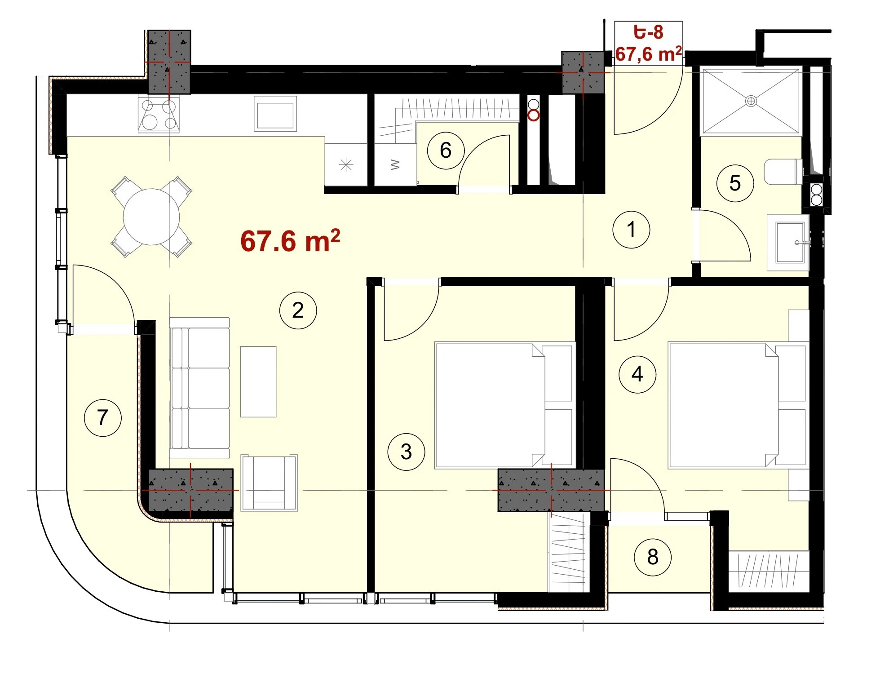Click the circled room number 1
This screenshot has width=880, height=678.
631,230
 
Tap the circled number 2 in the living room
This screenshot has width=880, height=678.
298,310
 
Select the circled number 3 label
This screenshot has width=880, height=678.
406,452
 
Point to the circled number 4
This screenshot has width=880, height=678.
637,374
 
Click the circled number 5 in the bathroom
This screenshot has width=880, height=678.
735,183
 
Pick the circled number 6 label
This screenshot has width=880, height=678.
446,150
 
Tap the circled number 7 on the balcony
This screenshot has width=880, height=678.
102,417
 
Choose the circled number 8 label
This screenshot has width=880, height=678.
653,557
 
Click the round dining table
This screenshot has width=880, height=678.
151,217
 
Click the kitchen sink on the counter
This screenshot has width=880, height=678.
275,113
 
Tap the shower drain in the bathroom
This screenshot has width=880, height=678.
751,101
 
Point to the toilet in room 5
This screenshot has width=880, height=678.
783,172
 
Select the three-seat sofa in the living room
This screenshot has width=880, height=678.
199,388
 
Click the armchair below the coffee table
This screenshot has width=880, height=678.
269,483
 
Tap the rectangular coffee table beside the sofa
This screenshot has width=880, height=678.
258,381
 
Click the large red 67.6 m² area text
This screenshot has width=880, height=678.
290,241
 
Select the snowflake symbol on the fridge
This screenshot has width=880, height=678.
346,165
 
